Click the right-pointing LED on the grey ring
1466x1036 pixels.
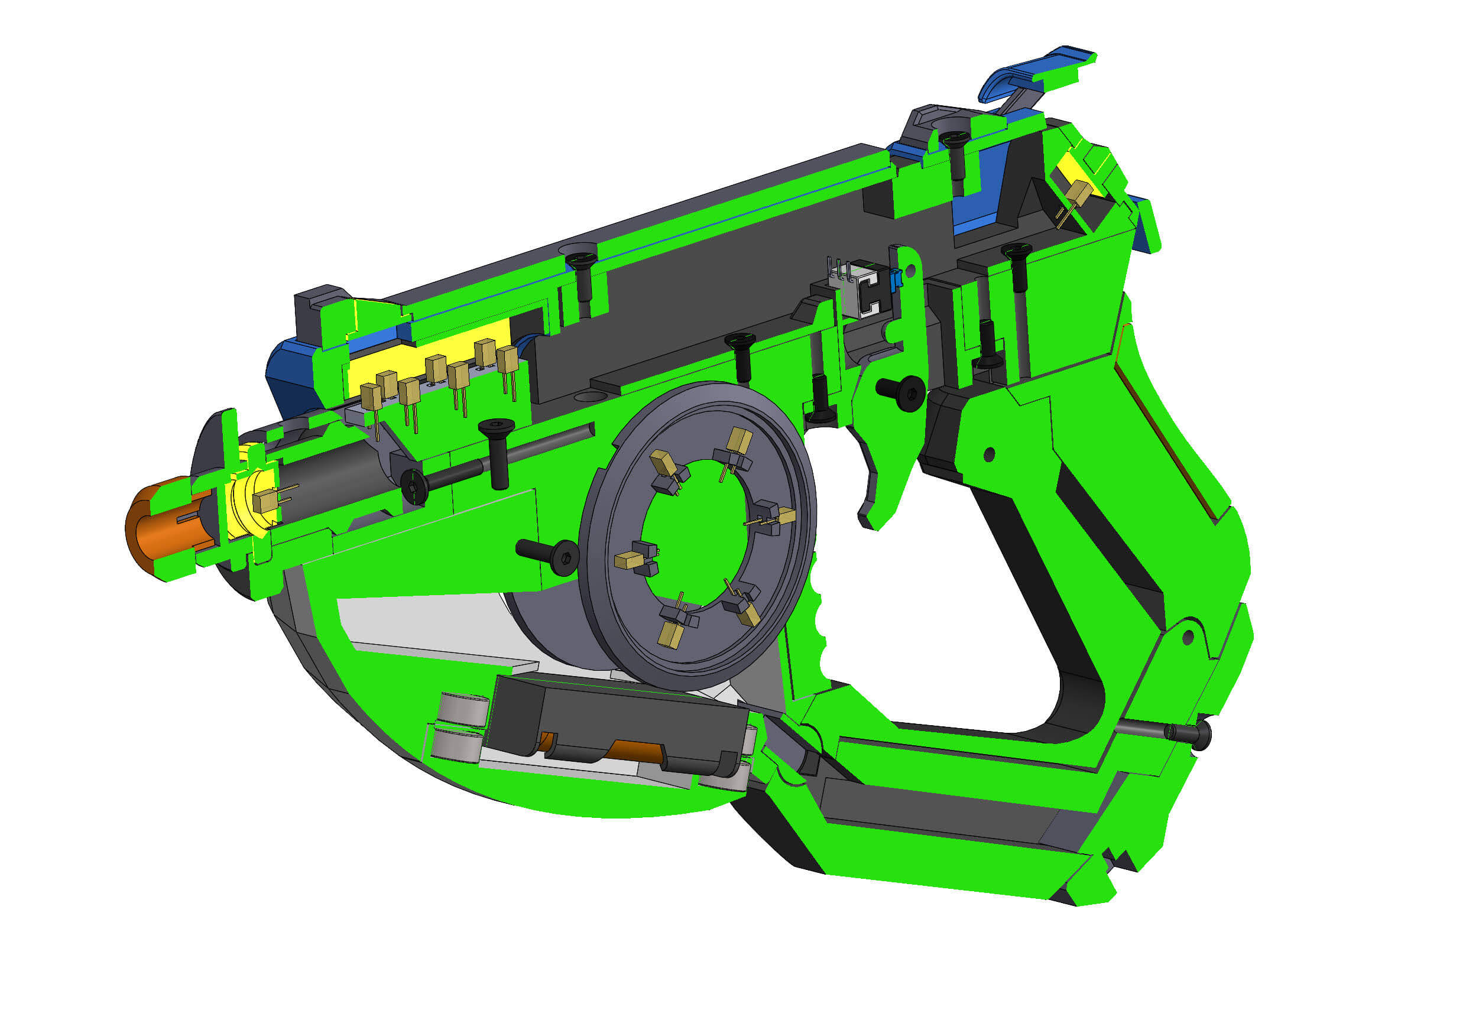pyautogui.click(x=783, y=516)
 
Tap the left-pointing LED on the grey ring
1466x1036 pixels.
pyautogui.click(x=629, y=560)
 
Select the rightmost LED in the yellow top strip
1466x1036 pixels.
pyautogui.click(x=508, y=361)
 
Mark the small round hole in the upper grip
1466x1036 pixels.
pyautogui.click(x=989, y=454)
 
